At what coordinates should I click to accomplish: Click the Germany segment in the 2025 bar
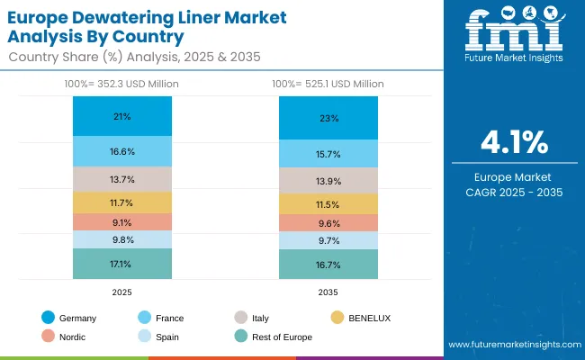122,116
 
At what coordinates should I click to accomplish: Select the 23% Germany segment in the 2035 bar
328,117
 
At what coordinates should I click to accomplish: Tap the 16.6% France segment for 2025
122,151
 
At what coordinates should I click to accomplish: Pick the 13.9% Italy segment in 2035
328,181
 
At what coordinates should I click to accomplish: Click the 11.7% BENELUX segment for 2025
122,202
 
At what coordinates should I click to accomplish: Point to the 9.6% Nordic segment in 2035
328,223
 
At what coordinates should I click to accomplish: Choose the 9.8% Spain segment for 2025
122,239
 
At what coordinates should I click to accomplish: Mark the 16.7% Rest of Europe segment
328,265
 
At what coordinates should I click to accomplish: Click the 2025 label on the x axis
122,292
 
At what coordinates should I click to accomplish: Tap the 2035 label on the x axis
328,292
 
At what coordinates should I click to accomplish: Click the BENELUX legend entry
363,318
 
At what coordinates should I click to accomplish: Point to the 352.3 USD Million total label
122,84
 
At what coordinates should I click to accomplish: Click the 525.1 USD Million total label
328,84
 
